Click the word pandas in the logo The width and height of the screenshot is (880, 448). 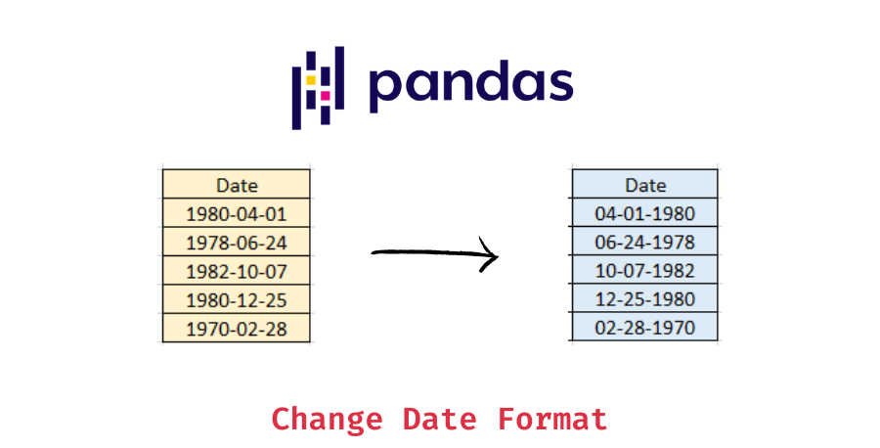click(470, 85)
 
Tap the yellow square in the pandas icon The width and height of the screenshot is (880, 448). click(310, 78)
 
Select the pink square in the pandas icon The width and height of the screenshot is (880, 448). click(326, 96)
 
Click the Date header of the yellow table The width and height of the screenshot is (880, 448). click(237, 185)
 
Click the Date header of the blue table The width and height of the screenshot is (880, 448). click(644, 185)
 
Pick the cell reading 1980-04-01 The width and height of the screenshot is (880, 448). click(237, 213)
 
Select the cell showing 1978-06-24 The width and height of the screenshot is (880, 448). click(237, 242)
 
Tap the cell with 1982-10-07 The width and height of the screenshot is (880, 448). click(237, 271)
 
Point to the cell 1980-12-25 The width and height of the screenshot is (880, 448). click(237, 299)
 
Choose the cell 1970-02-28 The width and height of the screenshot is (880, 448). click(237, 328)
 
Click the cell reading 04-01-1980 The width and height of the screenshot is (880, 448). click(644, 213)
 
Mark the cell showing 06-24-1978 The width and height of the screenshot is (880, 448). click(644, 242)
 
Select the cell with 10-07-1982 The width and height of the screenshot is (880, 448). click(644, 271)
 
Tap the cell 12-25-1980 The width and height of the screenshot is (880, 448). click(644, 299)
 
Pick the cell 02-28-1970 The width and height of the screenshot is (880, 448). click(644, 328)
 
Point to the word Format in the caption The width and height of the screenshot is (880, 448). click(552, 419)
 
